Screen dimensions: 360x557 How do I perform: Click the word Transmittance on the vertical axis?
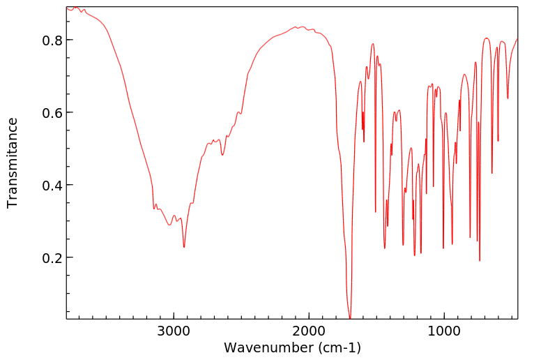(x=13, y=163)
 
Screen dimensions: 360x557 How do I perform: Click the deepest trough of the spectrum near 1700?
(x=350, y=317)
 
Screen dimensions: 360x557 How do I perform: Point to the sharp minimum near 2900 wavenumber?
(x=184, y=247)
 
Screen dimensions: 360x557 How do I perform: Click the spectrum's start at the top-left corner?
(x=68, y=9)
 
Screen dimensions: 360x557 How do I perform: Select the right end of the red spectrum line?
(x=517, y=38)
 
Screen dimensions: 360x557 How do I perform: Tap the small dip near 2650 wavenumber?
(x=222, y=155)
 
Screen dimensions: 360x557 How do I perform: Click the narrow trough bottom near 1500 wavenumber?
(x=376, y=212)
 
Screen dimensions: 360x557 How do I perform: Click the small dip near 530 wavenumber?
(x=508, y=98)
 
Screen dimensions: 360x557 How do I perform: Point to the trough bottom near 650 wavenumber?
(x=492, y=174)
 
